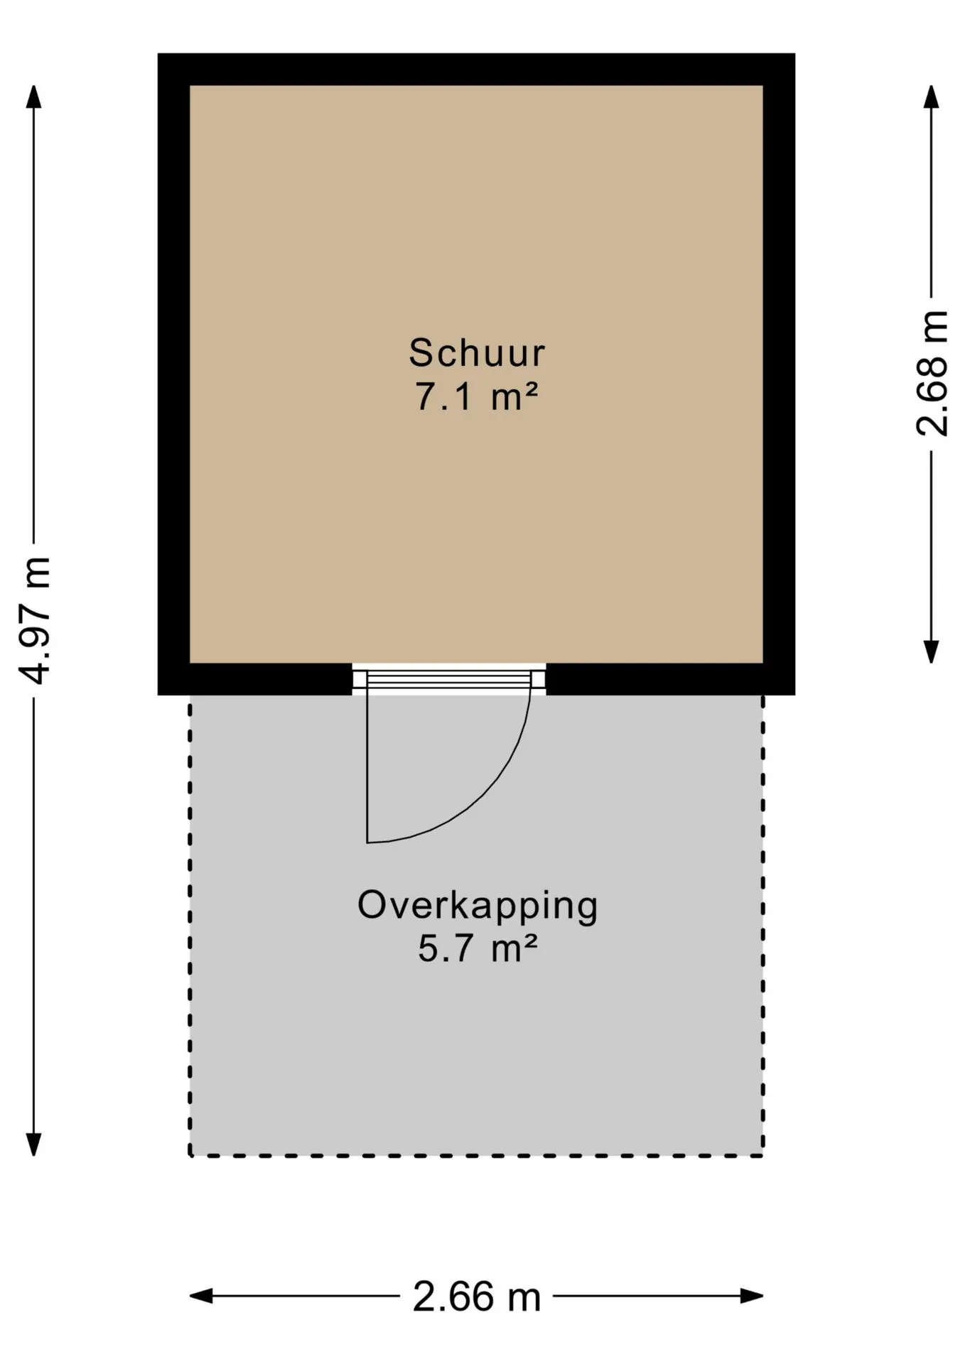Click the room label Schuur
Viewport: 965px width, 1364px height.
pos(477,353)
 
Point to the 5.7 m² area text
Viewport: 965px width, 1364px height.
pos(478,949)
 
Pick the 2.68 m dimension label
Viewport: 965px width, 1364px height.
pos(932,373)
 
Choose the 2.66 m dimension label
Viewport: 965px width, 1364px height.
pos(477,1297)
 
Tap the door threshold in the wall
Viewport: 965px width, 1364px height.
pos(449,679)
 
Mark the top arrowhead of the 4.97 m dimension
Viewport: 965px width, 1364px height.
pos(33,97)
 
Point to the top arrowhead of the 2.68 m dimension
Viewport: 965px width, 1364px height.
pos(931,97)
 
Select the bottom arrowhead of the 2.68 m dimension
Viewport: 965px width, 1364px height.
pos(931,651)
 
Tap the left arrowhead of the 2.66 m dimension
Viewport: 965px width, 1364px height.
pos(201,1297)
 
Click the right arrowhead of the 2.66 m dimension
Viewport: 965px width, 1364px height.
pos(752,1297)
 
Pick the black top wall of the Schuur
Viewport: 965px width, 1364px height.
pos(476,70)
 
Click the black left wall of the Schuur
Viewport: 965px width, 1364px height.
pos(173,374)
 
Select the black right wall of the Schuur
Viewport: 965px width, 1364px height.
pos(779,374)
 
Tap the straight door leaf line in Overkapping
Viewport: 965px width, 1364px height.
pos(367,768)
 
